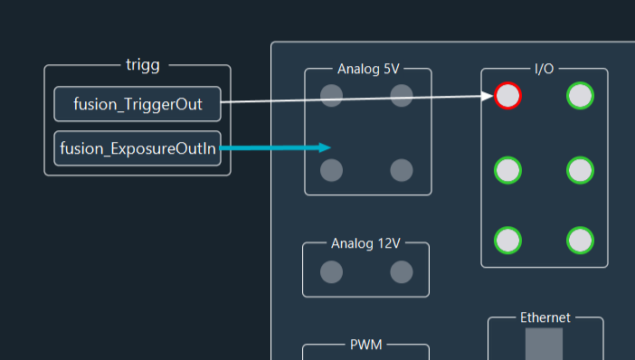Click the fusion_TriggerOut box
[x=137, y=104]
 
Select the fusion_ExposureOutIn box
[x=137, y=148]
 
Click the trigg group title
[x=143, y=65]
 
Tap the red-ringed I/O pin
[x=508, y=96]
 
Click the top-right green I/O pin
[x=580, y=96]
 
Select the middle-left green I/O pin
[x=508, y=169]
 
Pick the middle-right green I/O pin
[x=580, y=169]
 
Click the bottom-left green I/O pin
[x=508, y=241]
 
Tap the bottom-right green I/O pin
[x=580, y=241]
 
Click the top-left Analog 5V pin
[x=332, y=96]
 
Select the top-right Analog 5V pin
[x=402, y=96]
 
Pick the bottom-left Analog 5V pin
[x=332, y=169]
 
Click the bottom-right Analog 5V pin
[x=402, y=169]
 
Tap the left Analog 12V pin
[x=332, y=271]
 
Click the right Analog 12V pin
[x=402, y=271]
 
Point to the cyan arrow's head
[x=327, y=147]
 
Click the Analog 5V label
[x=368, y=69]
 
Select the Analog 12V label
[x=365, y=243]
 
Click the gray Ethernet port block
[x=545, y=345]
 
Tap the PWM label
[x=365, y=346]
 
